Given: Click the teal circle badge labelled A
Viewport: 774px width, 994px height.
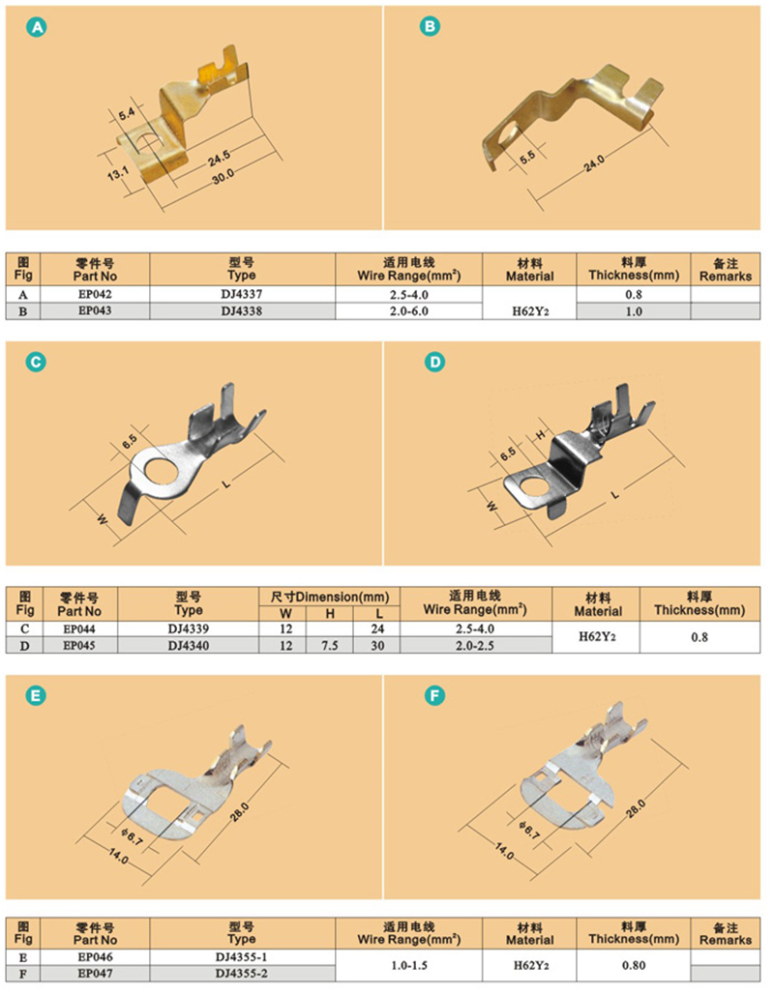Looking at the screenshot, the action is click(x=37, y=27).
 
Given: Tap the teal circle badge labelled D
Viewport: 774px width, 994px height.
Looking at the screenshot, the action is click(x=434, y=362).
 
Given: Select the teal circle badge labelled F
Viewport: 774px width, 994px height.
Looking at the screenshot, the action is click(x=434, y=695).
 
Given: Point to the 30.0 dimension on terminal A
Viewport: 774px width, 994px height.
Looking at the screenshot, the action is click(x=223, y=176).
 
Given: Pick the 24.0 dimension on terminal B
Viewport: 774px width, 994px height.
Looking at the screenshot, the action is click(x=594, y=162).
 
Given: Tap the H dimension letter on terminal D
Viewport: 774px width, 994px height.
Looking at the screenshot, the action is click(x=541, y=434).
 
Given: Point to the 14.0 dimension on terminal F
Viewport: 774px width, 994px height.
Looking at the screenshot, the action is click(x=504, y=851).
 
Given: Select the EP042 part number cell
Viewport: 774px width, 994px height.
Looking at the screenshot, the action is click(x=95, y=294).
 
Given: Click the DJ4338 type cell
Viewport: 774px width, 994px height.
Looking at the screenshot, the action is click(x=242, y=310).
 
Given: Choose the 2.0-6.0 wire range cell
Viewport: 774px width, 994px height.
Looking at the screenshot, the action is click(x=408, y=310).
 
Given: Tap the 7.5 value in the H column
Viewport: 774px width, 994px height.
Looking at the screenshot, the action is click(x=330, y=645).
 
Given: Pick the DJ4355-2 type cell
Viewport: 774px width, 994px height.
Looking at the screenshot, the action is click(x=242, y=973).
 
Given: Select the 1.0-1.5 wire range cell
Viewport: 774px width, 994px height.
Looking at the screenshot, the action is click(x=408, y=965).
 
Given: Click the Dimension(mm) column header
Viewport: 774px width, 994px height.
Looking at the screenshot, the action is click(x=329, y=597).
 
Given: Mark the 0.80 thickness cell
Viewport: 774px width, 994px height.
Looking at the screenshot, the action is click(x=633, y=965).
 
